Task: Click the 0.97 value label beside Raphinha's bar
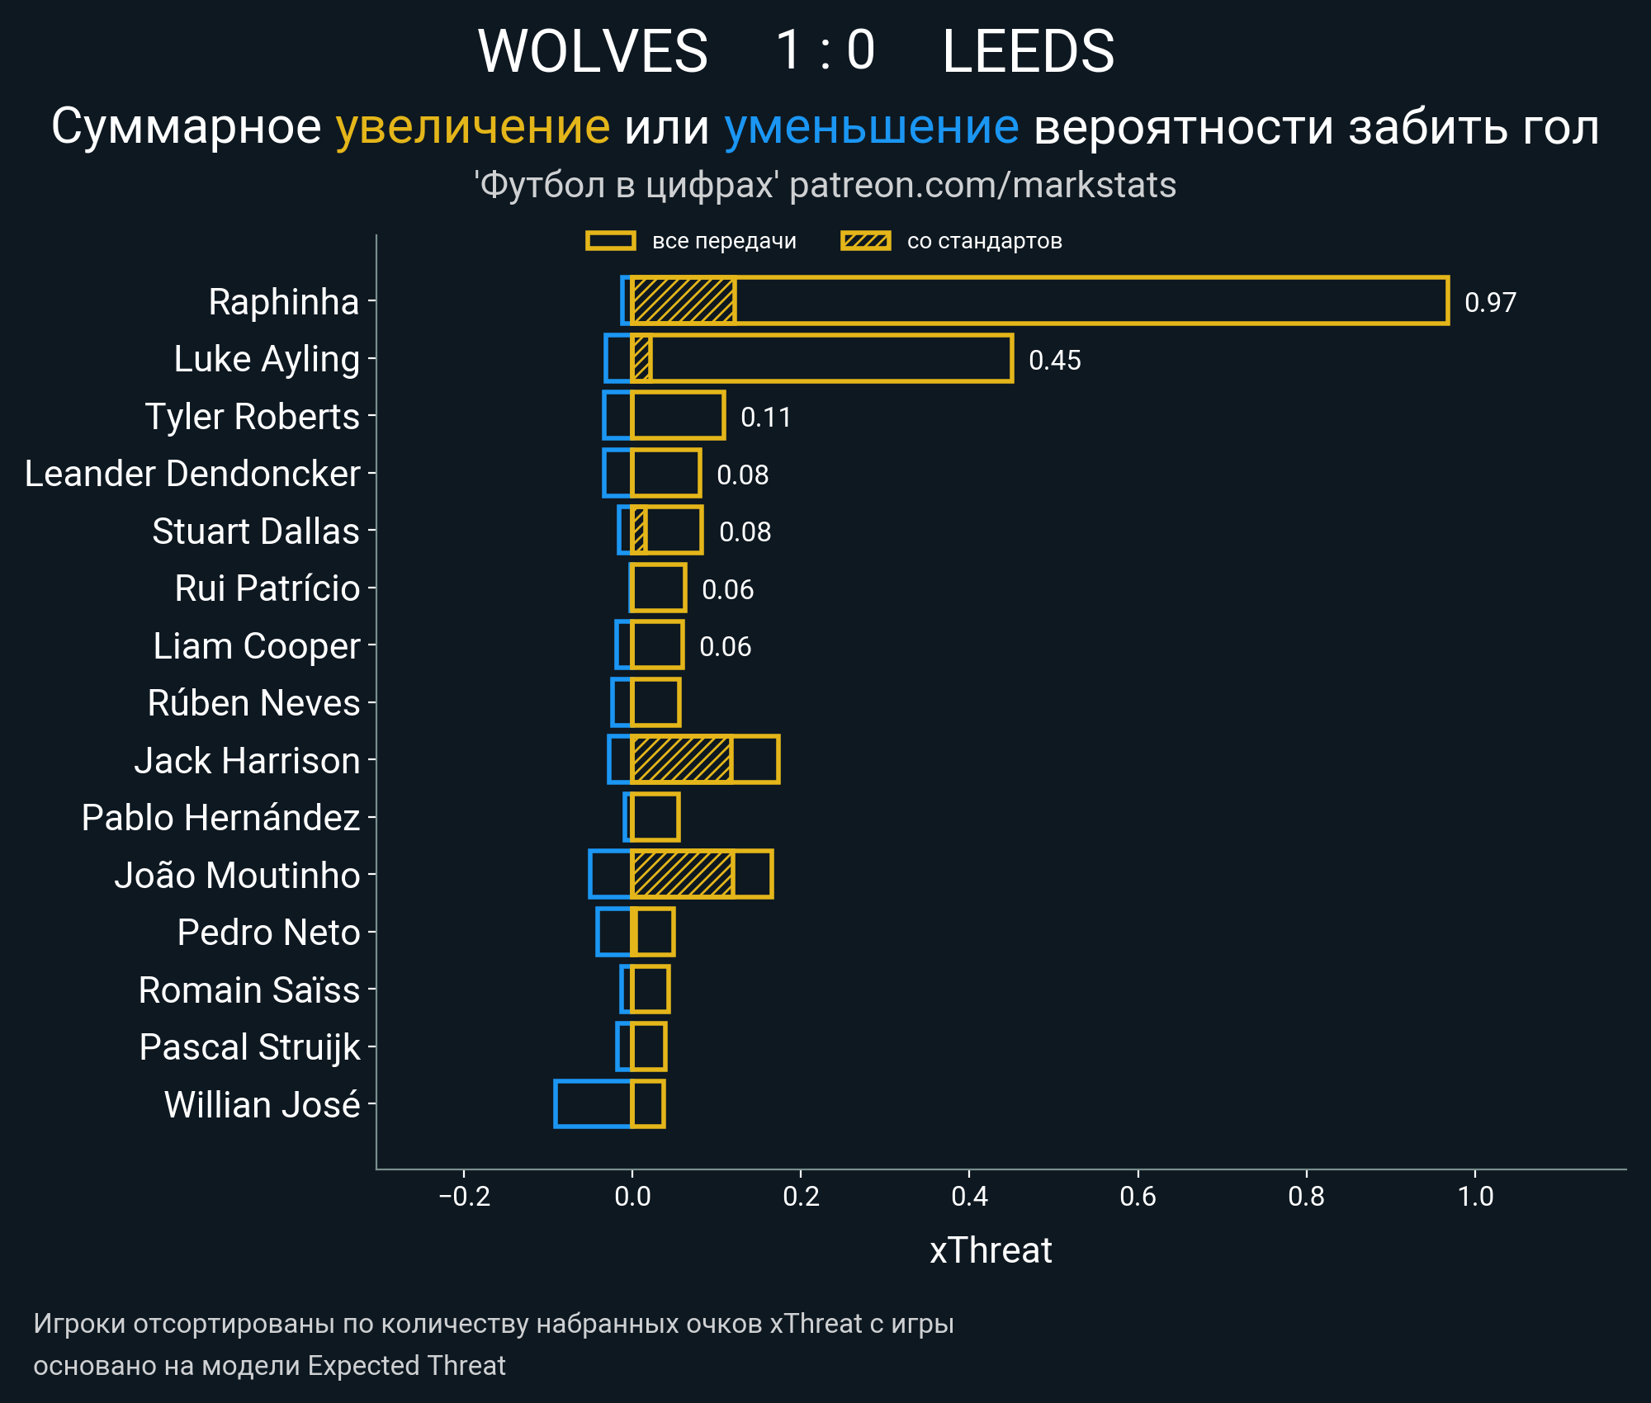tap(1489, 302)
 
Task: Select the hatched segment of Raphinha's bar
tap(684, 300)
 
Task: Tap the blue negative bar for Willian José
tap(593, 1103)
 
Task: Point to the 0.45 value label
tap(1054, 360)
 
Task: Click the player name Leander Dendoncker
tap(192, 474)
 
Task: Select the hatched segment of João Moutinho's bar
tap(682, 874)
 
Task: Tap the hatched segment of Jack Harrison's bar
tap(681, 759)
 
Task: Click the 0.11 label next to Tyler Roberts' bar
tap(765, 417)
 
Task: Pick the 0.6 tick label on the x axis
tap(1138, 1197)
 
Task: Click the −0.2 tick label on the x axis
tap(464, 1197)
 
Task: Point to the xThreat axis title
tap(991, 1250)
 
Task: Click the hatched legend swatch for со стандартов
tap(865, 241)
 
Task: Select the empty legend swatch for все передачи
tap(610, 241)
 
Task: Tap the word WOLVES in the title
tap(593, 51)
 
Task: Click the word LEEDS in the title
tap(1028, 51)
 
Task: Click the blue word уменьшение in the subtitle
tap(871, 127)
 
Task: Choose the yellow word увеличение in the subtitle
tap(472, 127)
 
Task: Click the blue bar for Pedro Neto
tap(613, 932)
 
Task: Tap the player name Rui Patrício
tap(267, 588)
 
